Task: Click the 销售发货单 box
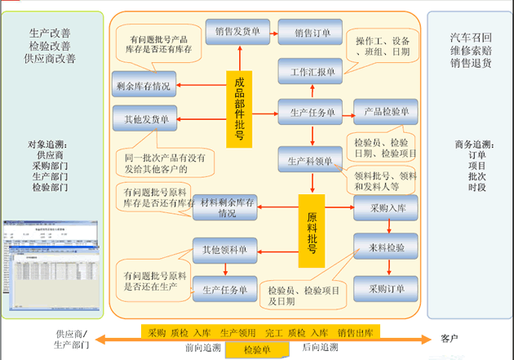(238, 32)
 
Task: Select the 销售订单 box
(311, 33)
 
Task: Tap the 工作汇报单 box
(311, 72)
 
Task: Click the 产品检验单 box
(386, 112)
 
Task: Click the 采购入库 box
(386, 208)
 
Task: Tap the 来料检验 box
(386, 246)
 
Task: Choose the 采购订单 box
(386, 288)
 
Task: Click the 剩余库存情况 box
(144, 85)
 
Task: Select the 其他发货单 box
(144, 119)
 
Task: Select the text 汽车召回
(470, 38)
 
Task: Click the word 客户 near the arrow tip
(451, 338)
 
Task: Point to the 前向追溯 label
(203, 348)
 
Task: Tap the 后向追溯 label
(321, 348)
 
